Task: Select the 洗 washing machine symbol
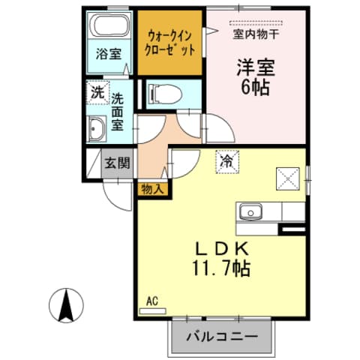coord(97,93)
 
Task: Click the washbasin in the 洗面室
coord(97,130)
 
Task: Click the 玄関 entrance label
coord(117,162)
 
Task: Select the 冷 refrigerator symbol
coord(224,159)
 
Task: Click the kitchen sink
coord(250,212)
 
